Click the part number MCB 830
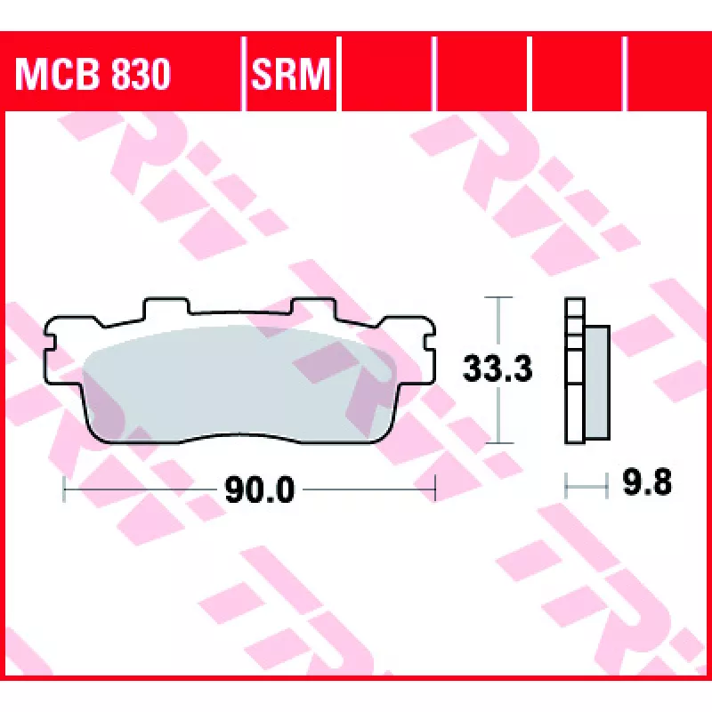93,74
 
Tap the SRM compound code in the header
291,74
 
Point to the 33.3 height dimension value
498,368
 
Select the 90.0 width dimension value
260,490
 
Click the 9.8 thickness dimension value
647,482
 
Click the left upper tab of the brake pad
166,306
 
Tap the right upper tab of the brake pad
313,306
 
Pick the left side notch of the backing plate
49,342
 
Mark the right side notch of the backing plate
430,342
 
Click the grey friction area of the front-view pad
239,384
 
